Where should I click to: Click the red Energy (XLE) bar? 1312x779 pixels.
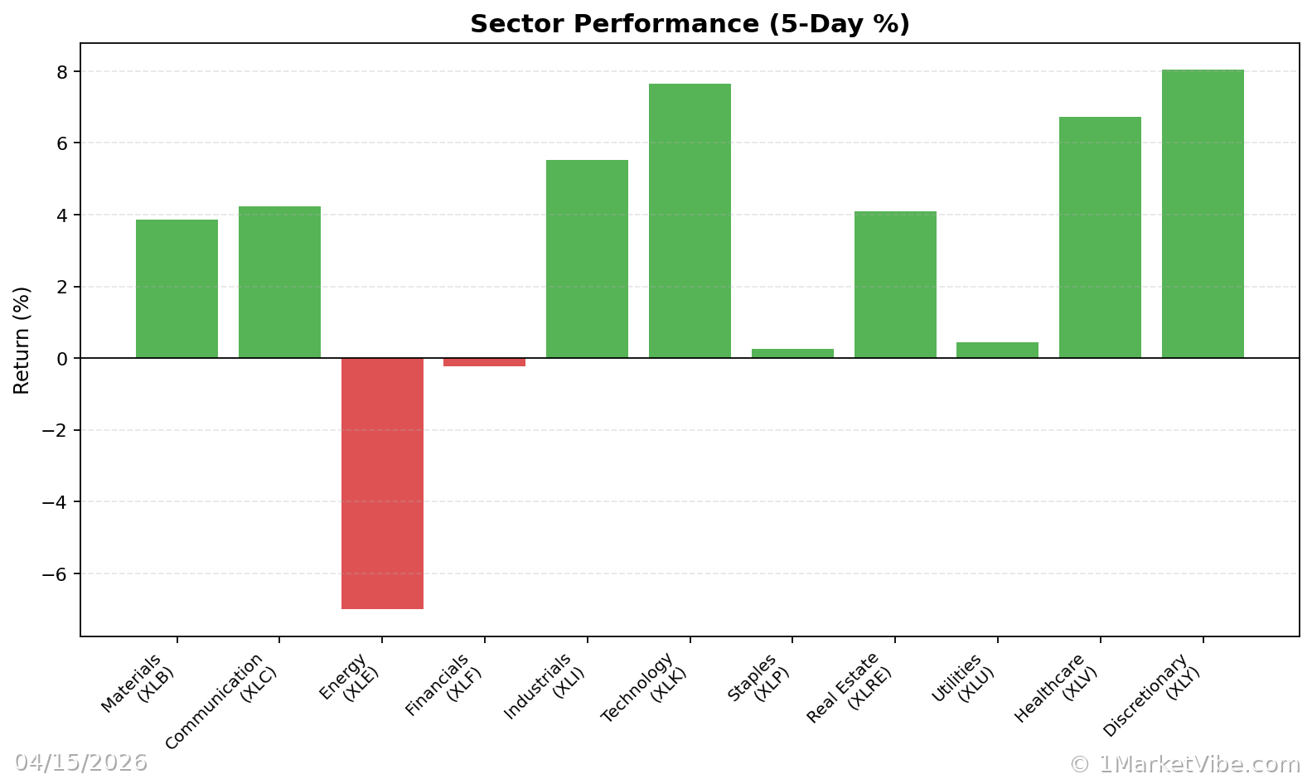pos(382,483)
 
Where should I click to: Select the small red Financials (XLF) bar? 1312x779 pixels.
pos(484,362)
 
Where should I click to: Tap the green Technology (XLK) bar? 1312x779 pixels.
pos(690,220)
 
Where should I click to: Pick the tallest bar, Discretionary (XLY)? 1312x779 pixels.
pos(1203,214)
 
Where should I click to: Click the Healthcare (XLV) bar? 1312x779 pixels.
pos(1100,237)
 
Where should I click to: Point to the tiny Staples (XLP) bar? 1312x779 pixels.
pos(792,354)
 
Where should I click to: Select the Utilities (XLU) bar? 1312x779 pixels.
pos(997,351)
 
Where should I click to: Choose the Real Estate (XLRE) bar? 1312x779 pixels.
pos(895,284)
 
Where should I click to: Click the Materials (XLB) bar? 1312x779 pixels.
pos(177,288)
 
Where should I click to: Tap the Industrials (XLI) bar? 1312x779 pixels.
pos(587,259)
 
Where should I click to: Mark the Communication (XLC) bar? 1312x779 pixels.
pos(279,282)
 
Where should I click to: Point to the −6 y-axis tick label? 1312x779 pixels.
pos(56,573)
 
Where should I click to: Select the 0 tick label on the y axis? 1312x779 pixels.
pos(61,359)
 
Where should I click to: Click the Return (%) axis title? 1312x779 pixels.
pos(22,340)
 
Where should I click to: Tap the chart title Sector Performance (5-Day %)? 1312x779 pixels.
pos(690,24)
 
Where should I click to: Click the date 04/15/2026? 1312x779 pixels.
pos(80,762)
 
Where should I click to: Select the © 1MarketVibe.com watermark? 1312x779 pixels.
pos(1184,764)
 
